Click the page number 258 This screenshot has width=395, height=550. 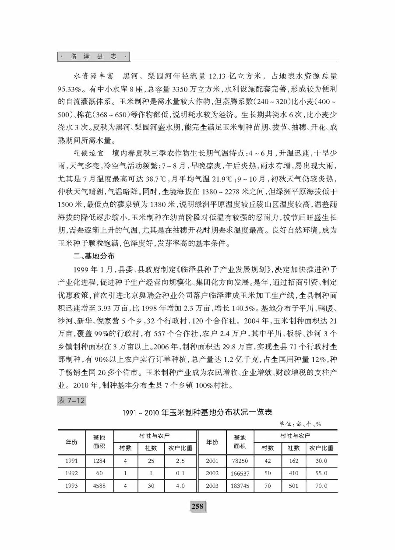point(197,506)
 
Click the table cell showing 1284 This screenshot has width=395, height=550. point(100,461)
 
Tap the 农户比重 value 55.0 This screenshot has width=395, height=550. point(321,473)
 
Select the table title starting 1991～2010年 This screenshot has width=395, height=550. point(197,412)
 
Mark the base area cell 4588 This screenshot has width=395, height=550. point(100,486)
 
